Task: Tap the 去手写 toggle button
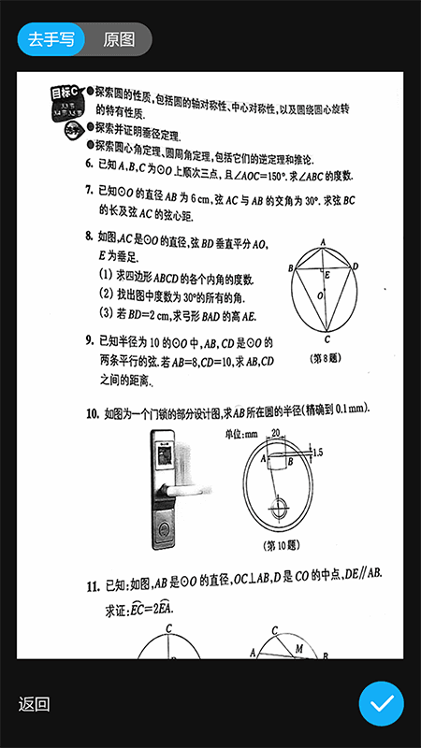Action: pyautogui.click(x=51, y=39)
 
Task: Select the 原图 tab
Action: pyautogui.click(x=119, y=39)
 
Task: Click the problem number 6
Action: pyautogui.click(x=88, y=163)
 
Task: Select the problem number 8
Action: pyautogui.click(x=88, y=237)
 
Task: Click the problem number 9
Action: pyautogui.click(x=88, y=340)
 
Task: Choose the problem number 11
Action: pyautogui.click(x=93, y=586)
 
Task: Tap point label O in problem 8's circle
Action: pyautogui.click(x=320, y=296)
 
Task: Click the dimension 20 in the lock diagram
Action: pyautogui.click(x=275, y=433)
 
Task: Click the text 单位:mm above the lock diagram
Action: pyautogui.click(x=241, y=433)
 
